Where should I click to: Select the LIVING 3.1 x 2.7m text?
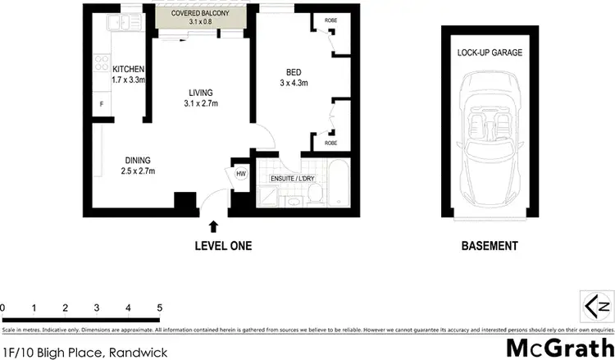click(x=200, y=98)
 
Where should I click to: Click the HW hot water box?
click(x=241, y=174)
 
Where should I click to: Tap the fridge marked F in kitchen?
click(x=102, y=104)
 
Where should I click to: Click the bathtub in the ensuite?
click(x=339, y=187)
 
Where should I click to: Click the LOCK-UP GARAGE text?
click(x=490, y=52)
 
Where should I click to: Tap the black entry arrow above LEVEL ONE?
click(x=214, y=226)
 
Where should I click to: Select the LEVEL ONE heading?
click(x=222, y=245)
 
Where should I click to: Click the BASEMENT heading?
click(x=489, y=245)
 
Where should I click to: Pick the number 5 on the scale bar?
click(x=159, y=308)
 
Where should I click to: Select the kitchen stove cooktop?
click(x=103, y=62)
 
